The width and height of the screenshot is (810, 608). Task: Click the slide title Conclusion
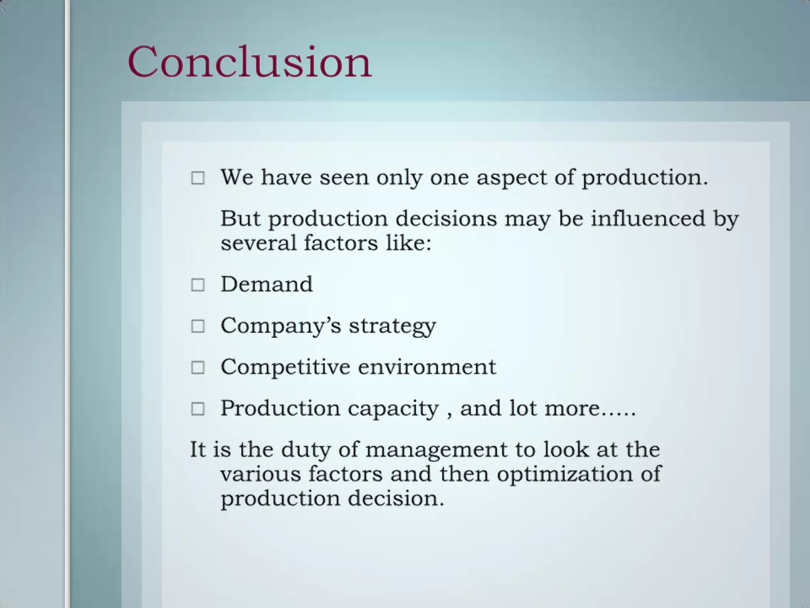(249, 63)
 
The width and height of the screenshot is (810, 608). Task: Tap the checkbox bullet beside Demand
(198, 285)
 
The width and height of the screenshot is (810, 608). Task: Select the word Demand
(267, 284)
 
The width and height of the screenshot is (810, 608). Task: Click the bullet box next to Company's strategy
(198, 326)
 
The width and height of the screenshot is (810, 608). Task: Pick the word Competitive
(285, 367)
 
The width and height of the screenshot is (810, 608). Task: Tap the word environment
(427, 367)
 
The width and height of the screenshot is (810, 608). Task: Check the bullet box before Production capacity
(198, 409)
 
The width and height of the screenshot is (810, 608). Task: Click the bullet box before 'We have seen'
(198, 178)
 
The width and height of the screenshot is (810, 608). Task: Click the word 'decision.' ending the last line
(396, 498)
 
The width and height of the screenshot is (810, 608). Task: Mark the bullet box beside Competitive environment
(198, 367)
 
